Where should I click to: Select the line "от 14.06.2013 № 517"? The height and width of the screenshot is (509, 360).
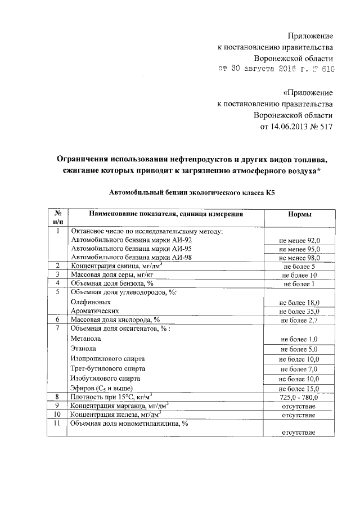point(296,127)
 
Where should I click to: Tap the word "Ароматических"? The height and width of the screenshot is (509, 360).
point(94,310)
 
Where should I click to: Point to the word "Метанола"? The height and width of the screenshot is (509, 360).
point(86,339)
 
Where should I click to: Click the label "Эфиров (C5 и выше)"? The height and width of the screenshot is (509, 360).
point(102,388)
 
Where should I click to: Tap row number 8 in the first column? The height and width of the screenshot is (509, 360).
point(57,397)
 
